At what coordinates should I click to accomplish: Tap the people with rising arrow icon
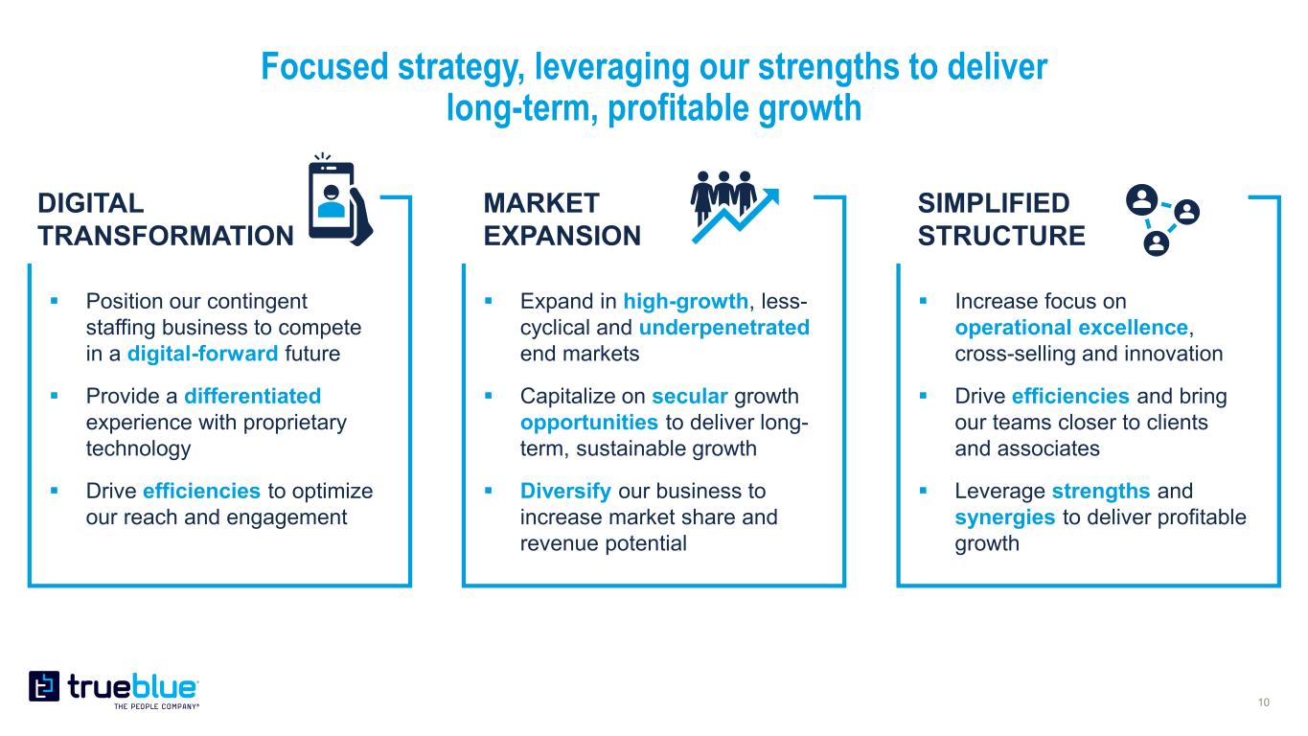point(735,207)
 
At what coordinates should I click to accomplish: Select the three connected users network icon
point(1162,219)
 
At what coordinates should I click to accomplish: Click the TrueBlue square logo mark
point(44,686)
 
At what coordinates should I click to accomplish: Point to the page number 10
point(1264,702)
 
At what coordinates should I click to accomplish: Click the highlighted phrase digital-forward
point(202,354)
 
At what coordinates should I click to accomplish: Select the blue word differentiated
point(252,396)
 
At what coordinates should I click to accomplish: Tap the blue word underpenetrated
point(724,328)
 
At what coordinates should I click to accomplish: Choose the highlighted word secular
point(690,396)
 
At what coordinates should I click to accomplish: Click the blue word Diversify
point(565,492)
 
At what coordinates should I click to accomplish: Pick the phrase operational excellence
point(1071,328)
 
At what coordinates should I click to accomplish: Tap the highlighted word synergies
point(1005,517)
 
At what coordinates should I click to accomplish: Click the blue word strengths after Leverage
point(1101,492)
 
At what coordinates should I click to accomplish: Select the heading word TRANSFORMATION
point(166,236)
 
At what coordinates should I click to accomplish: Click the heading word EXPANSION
point(562,236)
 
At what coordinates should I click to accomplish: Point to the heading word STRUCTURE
point(1001,236)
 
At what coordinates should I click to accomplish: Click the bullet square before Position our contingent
point(55,301)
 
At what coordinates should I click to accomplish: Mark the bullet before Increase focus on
point(923,301)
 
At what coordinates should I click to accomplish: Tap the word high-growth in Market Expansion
point(685,302)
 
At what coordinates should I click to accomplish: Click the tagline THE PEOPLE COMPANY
point(156,707)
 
